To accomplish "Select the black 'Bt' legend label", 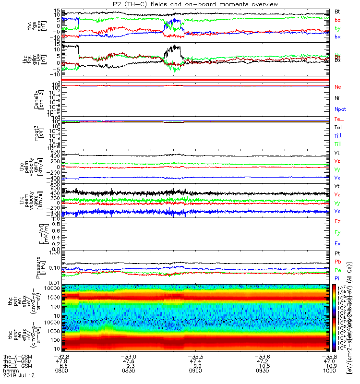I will coord(338,11).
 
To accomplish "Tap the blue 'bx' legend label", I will coord(338,37).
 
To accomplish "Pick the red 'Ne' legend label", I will coord(338,87).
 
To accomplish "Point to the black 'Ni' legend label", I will coord(337,98).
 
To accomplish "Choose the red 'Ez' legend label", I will coord(338,222).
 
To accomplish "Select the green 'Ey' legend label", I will coord(338,233).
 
